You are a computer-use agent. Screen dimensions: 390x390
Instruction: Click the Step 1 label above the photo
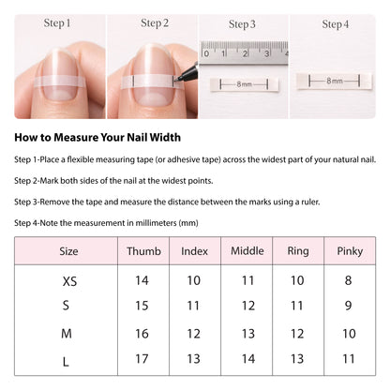57,22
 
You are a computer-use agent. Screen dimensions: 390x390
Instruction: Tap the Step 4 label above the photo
336,24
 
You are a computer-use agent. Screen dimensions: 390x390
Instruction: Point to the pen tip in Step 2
175,80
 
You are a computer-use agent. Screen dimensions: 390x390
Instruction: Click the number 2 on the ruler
245,53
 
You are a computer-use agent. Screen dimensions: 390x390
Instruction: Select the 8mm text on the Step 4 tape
335,81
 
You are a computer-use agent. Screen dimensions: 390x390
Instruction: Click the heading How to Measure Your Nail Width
97,138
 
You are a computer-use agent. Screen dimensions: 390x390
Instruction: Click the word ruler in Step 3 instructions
310,202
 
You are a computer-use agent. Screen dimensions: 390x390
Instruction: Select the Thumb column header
143,251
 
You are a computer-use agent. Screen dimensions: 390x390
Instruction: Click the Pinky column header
350,251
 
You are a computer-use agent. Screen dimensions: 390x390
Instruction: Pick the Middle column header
247,250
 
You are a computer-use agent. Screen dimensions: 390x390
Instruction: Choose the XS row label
69,281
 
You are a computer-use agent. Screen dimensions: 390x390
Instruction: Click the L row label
66,362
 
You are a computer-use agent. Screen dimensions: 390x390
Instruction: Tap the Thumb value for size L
142,359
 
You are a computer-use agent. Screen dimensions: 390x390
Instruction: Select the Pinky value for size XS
348,280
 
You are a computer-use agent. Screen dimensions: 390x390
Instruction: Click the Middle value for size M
248,334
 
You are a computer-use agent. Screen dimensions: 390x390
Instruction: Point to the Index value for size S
193,306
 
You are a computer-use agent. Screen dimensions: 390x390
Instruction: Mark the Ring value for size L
297,359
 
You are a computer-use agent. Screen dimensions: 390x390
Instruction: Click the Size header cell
68,251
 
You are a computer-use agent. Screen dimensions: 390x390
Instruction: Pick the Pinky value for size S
348,306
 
